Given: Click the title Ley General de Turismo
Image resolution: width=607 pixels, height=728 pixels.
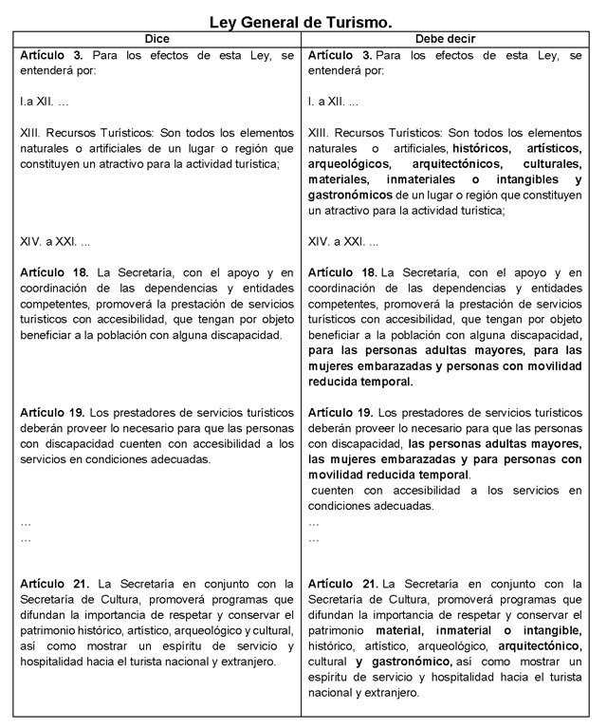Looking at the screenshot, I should click(301, 20).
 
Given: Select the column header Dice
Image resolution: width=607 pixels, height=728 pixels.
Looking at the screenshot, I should click(156, 39).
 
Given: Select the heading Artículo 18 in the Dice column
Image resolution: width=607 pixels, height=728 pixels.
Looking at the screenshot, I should click(54, 272).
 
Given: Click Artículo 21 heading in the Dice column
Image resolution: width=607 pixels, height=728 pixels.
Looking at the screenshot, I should click(54, 583).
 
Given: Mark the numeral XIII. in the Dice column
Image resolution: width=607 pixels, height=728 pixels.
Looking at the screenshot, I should click(32, 134).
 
